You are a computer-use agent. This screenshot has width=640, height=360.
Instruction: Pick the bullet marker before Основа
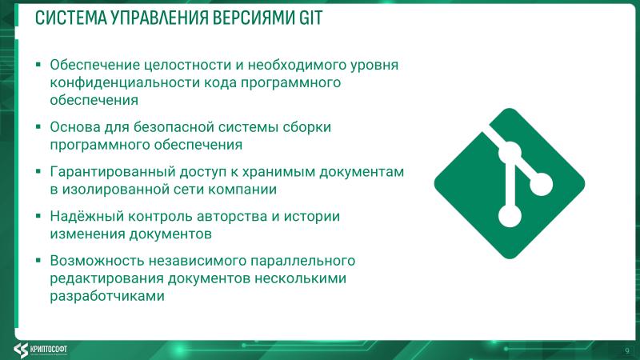point(38,127)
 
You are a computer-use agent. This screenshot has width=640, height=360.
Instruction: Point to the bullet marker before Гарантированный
point(38,172)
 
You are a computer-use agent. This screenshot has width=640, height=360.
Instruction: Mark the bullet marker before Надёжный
point(38,217)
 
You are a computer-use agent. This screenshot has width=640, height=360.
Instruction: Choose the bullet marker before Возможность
point(38,261)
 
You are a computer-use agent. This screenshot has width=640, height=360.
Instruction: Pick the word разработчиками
point(107,296)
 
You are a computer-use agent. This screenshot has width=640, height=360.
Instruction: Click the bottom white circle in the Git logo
point(506,216)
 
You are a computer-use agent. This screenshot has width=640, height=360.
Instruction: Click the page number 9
point(626,350)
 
